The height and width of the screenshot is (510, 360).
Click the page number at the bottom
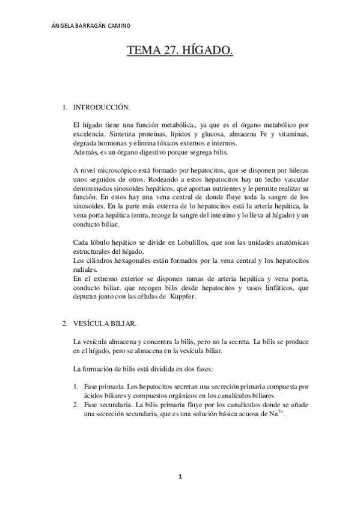[180, 477]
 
